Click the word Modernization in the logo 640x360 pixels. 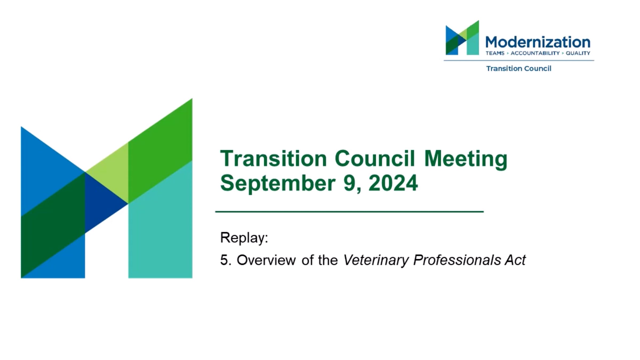coord(538,42)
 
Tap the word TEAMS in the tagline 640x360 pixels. coord(495,53)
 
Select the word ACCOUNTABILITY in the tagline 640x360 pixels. coord(535,53)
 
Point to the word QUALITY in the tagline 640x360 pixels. coord(578,53)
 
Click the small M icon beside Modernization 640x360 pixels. coord(462,38)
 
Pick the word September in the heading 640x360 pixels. coord(278,183)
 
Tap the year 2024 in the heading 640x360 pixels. coord(393,183)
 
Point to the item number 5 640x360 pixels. coord(226,260)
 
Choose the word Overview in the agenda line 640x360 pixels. coord(266,260)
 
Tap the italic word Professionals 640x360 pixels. coord(457,260)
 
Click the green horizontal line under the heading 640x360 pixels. coord(349,212)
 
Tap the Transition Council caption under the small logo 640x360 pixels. coord(519,69)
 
